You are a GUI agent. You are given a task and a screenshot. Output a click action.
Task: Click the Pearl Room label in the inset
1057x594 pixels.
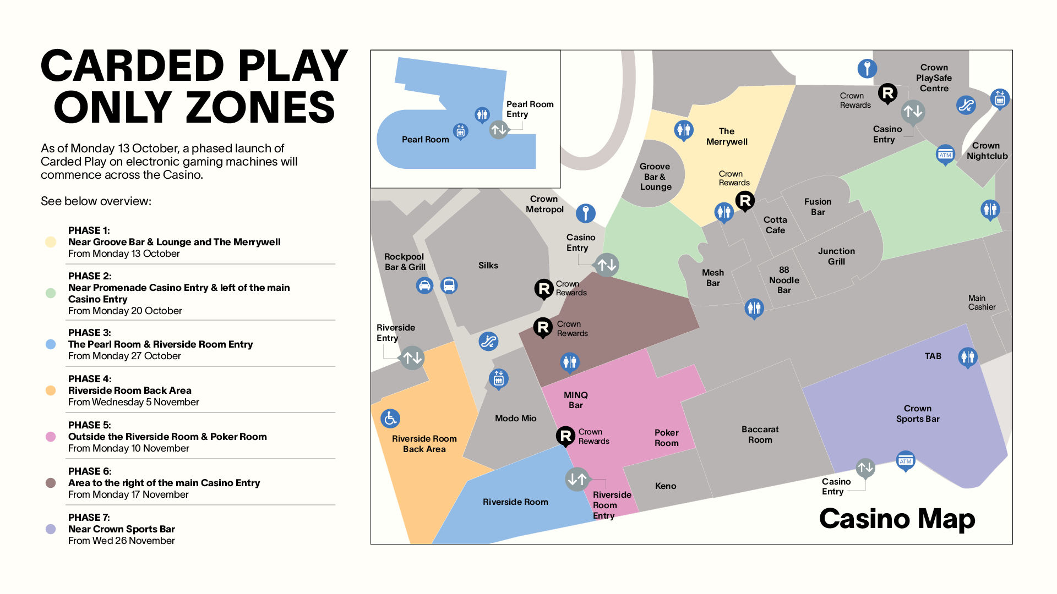[425, 140]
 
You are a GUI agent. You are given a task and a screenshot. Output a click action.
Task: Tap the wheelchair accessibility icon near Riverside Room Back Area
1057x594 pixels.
[390, 419]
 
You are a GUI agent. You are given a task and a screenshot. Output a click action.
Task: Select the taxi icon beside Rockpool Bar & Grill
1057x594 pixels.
[424, 285]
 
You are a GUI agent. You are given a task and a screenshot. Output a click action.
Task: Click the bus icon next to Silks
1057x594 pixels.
[449, 285]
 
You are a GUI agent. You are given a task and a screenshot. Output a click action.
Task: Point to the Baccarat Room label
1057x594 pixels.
[760, 435]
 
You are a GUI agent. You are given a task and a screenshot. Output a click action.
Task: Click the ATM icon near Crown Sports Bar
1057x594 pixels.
[906, 460]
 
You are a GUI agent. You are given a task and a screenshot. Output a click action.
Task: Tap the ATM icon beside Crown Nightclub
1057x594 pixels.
[945, 155]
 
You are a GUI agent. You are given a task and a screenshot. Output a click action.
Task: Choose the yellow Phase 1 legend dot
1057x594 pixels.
[51, 242]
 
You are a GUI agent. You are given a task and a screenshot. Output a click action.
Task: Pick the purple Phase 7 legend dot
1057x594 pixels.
[51, 529]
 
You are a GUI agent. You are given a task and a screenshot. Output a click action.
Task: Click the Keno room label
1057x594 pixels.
[666, 486]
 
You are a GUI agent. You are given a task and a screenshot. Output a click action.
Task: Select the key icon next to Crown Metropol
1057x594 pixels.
[586, 212]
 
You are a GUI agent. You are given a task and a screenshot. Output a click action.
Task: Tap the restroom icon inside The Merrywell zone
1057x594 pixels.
[683, 130]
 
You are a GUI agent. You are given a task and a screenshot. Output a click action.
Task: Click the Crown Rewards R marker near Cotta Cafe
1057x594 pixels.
[745, 201]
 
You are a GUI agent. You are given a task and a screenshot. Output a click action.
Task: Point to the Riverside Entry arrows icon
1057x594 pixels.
[412, 358]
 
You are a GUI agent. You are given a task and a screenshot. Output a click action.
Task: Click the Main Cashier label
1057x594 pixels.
[982, 302]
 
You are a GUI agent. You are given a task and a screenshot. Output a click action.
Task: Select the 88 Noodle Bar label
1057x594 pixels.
[784, 280]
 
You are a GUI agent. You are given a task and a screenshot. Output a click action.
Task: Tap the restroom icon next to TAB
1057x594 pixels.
[967, 357]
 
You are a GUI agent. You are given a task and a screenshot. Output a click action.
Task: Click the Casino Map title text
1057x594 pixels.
[897, 519]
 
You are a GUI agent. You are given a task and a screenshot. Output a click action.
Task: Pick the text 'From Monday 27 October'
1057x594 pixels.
[124, 356]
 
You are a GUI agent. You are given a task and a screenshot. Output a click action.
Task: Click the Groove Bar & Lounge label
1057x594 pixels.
[655, 177]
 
